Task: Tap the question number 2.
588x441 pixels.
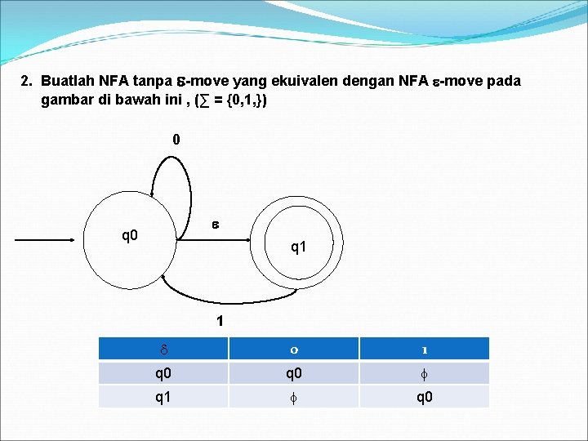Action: pos(26,82)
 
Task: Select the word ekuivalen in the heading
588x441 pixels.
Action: pos(303,82)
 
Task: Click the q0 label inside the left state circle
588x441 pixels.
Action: pos(130,237)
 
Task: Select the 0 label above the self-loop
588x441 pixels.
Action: pos(176,140)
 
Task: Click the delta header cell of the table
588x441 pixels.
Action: pos(163,350)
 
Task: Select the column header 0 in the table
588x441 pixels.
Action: pos(293,350)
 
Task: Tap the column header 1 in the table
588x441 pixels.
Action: pos(425,350)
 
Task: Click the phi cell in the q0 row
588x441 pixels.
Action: pos(425,373)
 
